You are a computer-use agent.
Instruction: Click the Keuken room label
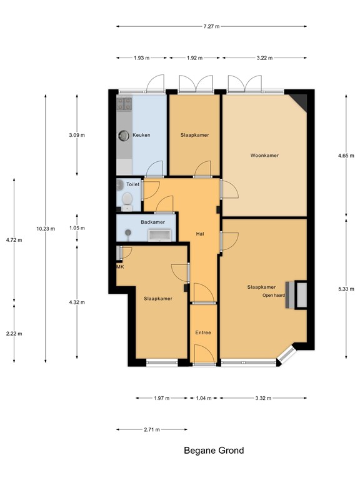pos(141,135)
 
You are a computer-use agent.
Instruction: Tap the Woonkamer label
pos(264,155)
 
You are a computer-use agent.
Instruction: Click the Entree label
pos(202,332)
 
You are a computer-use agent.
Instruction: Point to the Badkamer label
pos(152,221)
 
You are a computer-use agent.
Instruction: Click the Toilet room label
pos(133,185)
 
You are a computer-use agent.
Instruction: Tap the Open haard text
pos(274,295)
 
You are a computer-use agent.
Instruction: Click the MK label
pos(120,267)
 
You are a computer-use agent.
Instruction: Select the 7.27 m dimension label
pos(211,26)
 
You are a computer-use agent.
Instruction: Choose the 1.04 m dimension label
pos(204,398)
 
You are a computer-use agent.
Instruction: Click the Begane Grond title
pos(214,450)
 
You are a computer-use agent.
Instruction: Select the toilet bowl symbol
pos(127,199)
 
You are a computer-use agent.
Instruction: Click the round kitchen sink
pos(123,135)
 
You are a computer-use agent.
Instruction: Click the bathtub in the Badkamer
pos(161,234)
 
